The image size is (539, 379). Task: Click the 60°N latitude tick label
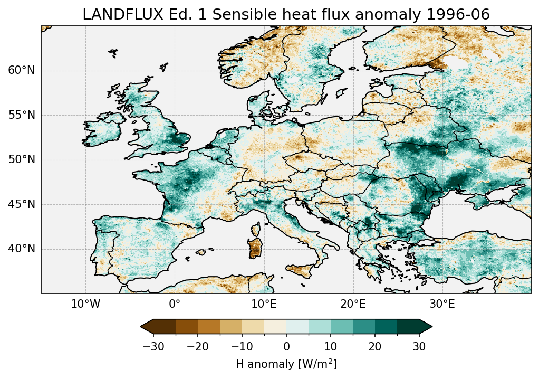point(22,71)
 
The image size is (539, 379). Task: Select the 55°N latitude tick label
point(22,116)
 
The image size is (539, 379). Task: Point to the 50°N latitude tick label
point(22,160)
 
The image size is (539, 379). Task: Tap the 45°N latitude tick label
point(22,204)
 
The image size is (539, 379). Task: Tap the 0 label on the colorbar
point(286,346)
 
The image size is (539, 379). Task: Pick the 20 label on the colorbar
point(375,346)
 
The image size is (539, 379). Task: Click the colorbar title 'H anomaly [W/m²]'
point(286,364)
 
